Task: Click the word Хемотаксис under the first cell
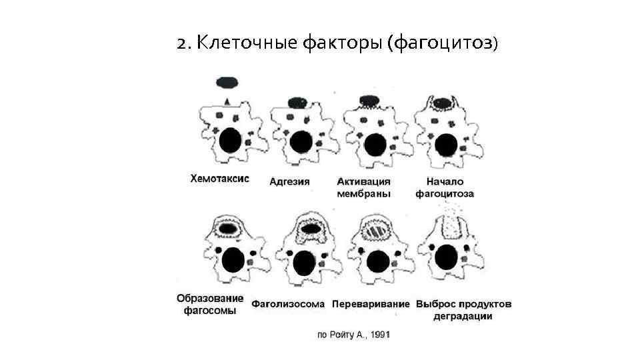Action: coord(219,179)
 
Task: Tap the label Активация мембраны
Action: coord(363,187)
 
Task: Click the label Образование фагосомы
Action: coord(210,304)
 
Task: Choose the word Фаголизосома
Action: coord(288,304)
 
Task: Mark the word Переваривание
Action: coord(371,304)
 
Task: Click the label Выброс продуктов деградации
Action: coord(464,310)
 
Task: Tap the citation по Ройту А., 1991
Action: coord(353,335)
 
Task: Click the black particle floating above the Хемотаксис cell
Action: coord(227,82)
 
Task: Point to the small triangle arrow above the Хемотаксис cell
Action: coord(227,101)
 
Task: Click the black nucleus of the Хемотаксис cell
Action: coord(230,141)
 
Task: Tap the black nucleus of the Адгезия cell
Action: coord(301,142)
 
